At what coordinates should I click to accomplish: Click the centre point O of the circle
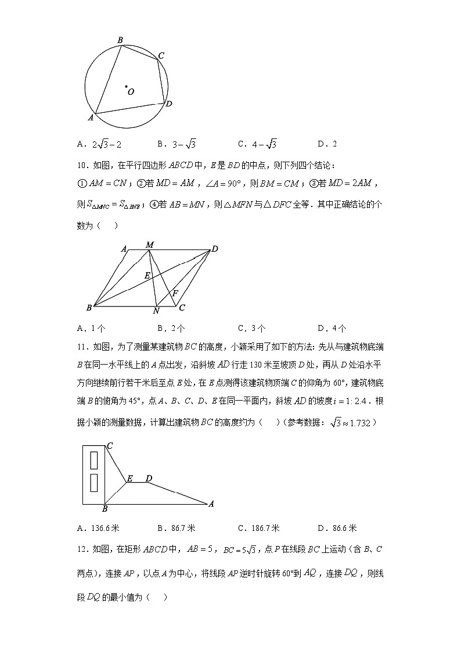click(126, 88)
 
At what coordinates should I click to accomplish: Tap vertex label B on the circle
click(120, 40)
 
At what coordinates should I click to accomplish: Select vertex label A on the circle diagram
click(91, 117)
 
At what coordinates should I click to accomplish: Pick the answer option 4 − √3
click(257, 144)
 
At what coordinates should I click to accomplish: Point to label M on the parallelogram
click(149, 245)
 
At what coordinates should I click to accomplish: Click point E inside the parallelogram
click(147, 275)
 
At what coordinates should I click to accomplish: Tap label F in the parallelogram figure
click(175, 293)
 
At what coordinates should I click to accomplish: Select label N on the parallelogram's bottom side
click(156, 311)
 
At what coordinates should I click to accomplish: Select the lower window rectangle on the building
click(93, 483)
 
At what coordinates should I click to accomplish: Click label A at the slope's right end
click(211, 504)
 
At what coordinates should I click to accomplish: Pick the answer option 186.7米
click(258, 528)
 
